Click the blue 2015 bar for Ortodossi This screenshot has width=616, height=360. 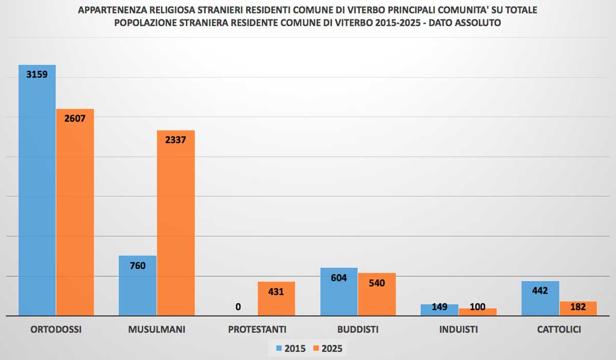tap(37, 190)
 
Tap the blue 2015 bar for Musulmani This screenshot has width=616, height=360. tap(138, 286)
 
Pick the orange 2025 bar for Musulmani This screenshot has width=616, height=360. tap(176, 223)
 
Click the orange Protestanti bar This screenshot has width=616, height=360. tap(276, 299)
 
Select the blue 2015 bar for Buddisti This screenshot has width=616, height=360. tap(339, 292)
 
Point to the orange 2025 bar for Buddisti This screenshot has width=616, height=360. tap(377, 294)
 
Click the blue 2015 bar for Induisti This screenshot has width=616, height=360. tap(439, 310)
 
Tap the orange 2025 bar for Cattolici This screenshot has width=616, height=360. tap(578, 308)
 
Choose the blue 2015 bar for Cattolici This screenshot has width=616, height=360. tap(540, 298)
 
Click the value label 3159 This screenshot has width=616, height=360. tap(37, 74)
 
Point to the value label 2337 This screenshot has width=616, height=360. tap(176, 139)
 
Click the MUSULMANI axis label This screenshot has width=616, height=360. tap(157, 330)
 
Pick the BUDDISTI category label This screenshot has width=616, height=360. tap(358, 330)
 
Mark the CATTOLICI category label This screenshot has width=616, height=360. tap(559, 330)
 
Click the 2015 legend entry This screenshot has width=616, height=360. tap(291, 349)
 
